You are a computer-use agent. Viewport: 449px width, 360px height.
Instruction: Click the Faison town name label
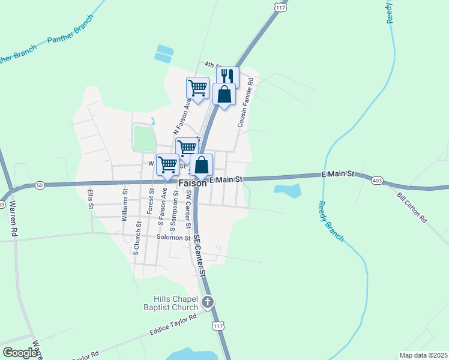tap(192, 184)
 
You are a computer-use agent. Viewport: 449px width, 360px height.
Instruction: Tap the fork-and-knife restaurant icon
tap(228, 76)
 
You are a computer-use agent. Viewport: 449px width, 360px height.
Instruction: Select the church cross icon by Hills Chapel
tap(208, 302)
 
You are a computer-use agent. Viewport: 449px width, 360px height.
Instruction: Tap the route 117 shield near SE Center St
tap(218, 326)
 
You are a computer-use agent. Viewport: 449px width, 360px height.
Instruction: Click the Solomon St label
tap(173, 238)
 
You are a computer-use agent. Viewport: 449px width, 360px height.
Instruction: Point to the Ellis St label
tap(91, 199)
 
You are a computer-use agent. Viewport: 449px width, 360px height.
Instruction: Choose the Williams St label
tap(125, 206)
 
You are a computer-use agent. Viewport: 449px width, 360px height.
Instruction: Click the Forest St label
tap(149, 204)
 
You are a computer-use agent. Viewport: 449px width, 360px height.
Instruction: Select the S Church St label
tap(136, 238)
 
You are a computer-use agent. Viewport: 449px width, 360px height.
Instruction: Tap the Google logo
tap(20, 352)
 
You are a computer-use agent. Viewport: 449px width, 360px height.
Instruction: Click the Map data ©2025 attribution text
tap(423, 355)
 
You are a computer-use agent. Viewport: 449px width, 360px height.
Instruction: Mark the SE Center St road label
tap(200, 254)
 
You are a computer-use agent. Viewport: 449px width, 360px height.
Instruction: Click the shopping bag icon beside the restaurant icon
tap(224, 95)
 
